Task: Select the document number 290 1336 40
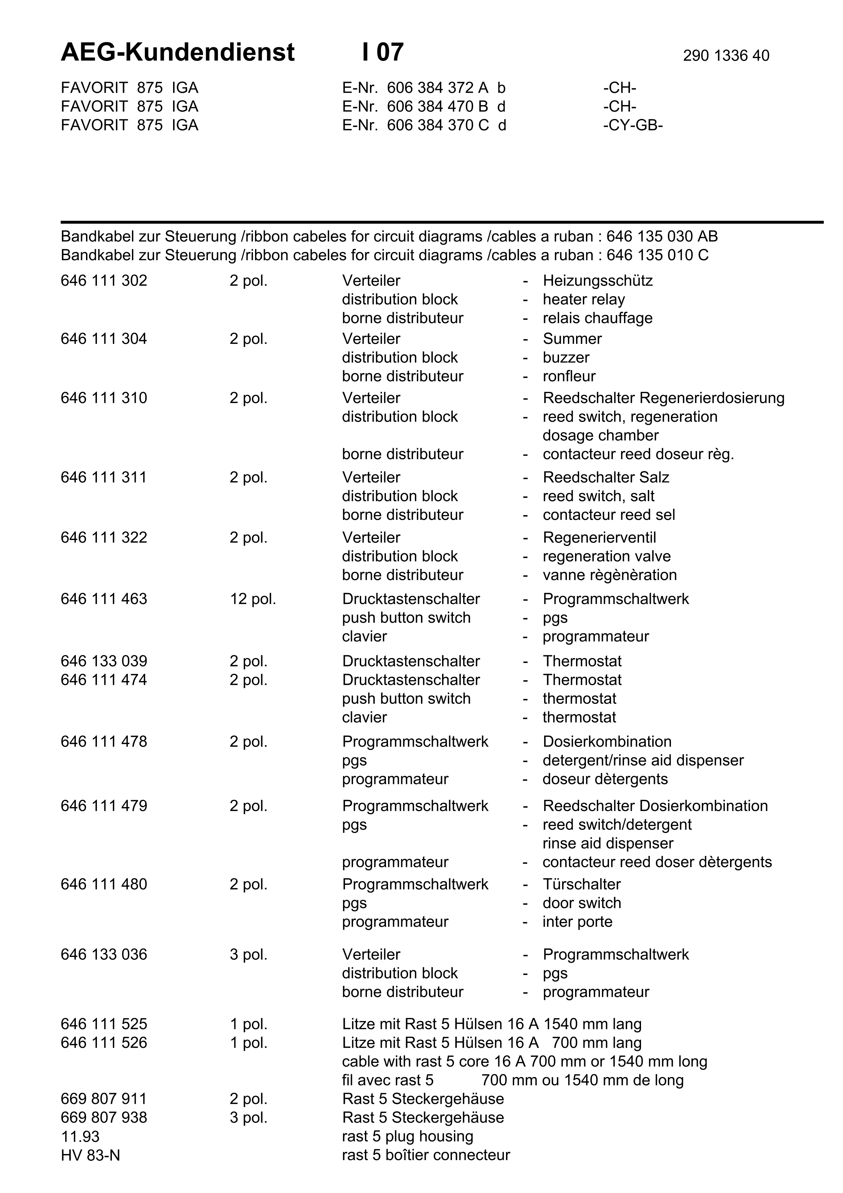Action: [x=726, y=55]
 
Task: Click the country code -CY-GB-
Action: [x=633, y=125]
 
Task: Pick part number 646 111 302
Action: [x=104, y=281]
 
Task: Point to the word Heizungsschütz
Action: [x=597, y=281]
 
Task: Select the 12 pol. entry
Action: [x=253, y=599]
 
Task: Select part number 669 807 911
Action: [x=104, y=1098]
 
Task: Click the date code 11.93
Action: [x=80, y=1136]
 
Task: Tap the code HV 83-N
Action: [x=90, y=1155]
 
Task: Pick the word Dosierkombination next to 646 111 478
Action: [x=607, y=741]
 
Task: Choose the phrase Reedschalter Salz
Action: [x=606, y=477]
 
